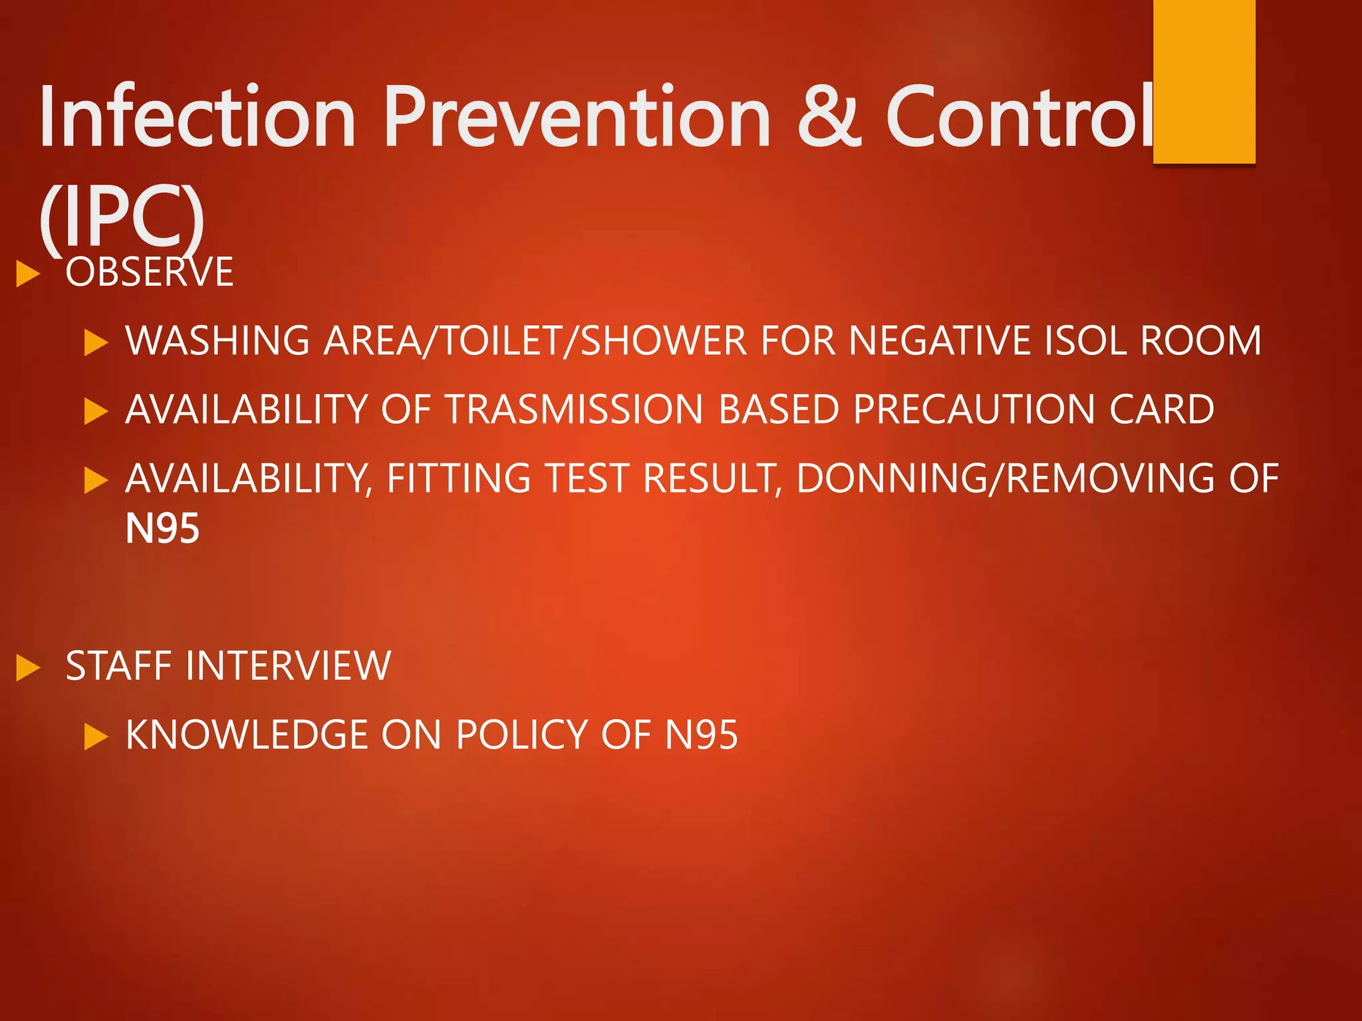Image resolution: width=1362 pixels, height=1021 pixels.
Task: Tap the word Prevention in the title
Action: [577, 117]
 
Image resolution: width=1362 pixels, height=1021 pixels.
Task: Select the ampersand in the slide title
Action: [828, 117]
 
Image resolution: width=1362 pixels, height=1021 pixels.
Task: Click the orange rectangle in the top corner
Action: [1204, 81]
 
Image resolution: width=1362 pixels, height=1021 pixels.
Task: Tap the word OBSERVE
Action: [150, 272]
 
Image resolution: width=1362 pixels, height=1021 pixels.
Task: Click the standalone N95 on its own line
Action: [162, 529]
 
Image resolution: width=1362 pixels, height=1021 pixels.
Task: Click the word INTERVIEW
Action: [289, 666]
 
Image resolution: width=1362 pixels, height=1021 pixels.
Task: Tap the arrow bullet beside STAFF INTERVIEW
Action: [28, 668]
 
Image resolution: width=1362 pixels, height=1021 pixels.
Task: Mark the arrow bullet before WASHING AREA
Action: [96, 343]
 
